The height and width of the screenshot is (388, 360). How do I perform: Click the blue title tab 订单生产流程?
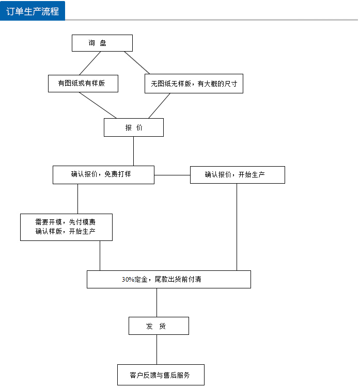tap(33, 11)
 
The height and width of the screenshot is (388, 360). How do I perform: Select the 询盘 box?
tap(102, 43)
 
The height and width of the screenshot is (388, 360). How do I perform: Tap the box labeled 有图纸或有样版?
tap(83, 84)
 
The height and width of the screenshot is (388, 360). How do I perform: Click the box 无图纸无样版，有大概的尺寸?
tap(194, 84)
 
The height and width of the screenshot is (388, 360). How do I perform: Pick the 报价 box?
tap(133, 127)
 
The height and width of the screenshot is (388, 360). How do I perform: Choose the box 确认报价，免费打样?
tap(103, 175)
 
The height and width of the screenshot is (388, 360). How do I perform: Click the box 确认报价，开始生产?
tap(237, 175)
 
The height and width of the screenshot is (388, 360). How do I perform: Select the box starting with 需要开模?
tap(66, 227)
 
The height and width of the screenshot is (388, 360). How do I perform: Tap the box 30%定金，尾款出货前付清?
tap(168, 279)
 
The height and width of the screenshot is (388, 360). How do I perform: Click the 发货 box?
tap(158, 326)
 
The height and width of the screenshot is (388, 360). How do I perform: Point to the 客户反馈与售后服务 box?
tap(160, 375)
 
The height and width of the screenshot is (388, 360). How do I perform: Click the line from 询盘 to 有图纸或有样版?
tap(89, 63)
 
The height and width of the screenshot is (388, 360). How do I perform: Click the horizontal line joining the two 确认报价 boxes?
tap(172, 175)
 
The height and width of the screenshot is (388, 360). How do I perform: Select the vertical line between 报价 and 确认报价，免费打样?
tap(133, 151)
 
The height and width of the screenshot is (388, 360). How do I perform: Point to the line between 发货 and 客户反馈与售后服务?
tap(156, 349)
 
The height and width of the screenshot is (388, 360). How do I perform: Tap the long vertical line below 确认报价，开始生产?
tap(237, 227)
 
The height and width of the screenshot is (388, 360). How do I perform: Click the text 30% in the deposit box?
tap(128, 279)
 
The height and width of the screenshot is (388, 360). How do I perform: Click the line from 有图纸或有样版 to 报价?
tap(98, 105)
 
